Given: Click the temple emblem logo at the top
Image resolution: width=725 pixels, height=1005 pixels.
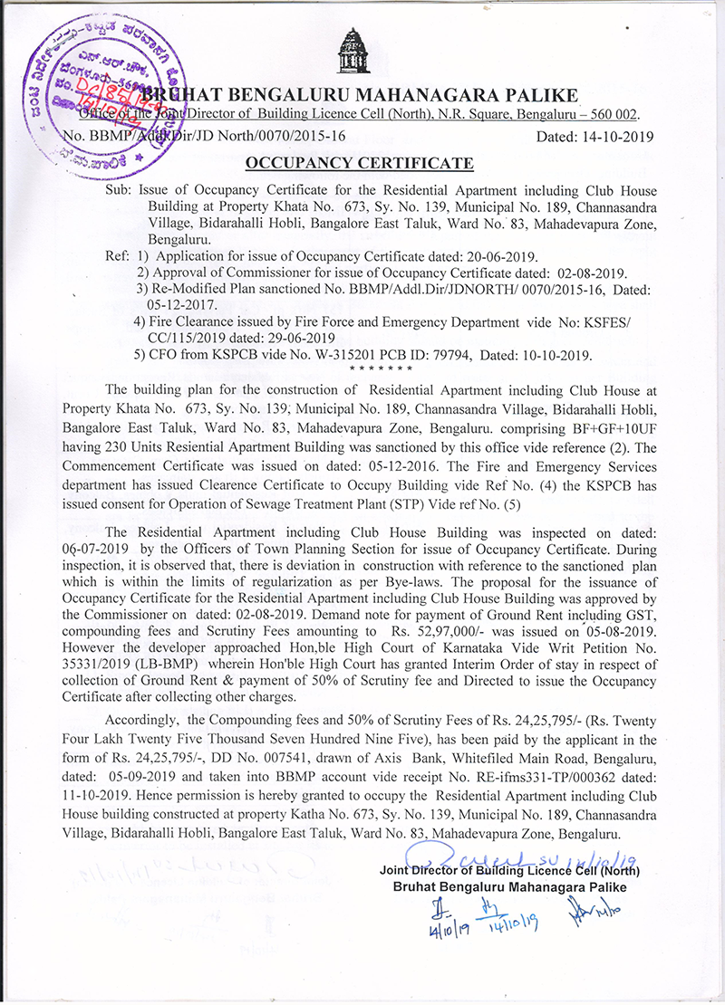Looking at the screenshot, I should pos(353,53).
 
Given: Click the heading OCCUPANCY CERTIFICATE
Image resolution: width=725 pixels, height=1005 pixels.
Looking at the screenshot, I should pos(361,163).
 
